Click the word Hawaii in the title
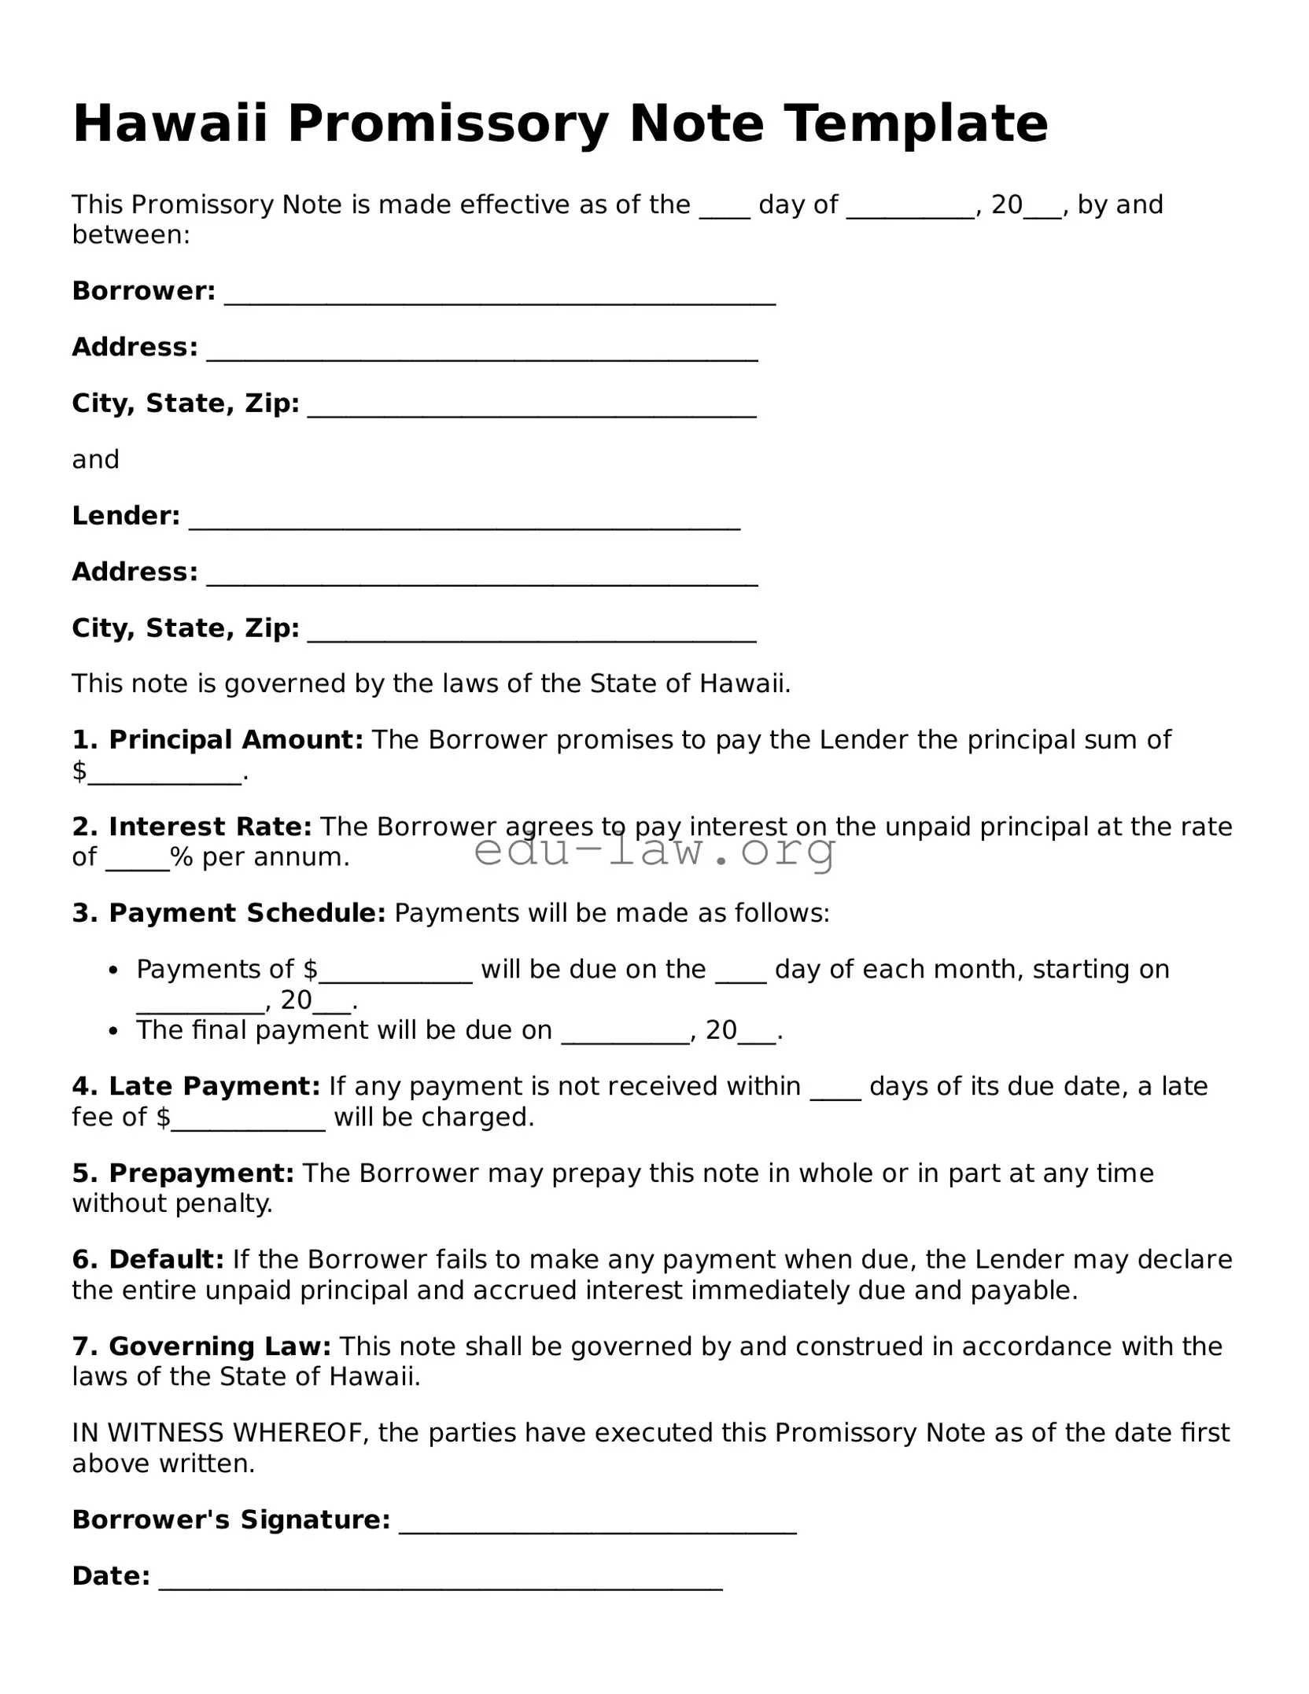click(x=170, y=123)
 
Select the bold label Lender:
click(x=126, y=516)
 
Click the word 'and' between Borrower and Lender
click(x=95, y=459)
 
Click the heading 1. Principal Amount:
click(x=217, y=739)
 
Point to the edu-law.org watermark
click(x=654, y=850)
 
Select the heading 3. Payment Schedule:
click(x=228, y=912)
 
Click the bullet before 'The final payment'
click(x=115, y=1031)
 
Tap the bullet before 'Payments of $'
click(x=115, y=970)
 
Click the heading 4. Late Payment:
click(x=196, y=1086)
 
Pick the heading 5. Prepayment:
click(x=183, y=1173)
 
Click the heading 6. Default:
click(x=148, y=1259)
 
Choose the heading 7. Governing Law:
click(x=201, y=1346)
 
